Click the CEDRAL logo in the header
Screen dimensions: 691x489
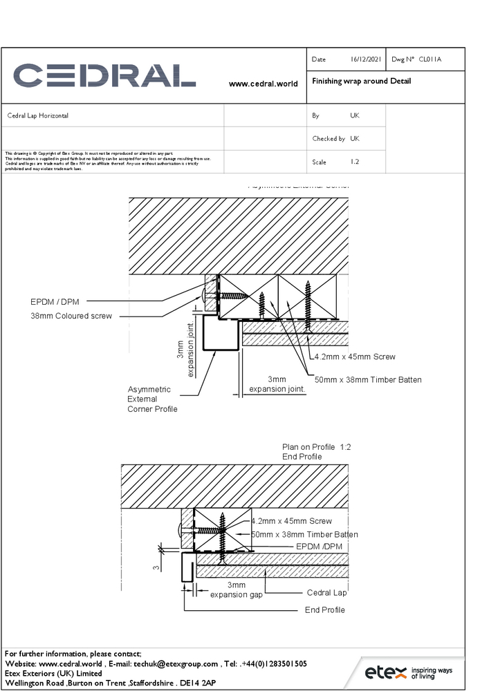point(104,75)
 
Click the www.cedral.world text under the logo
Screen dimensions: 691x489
point(263,84)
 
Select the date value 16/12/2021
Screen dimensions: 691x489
point(366,60)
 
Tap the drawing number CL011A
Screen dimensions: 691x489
point(430,60)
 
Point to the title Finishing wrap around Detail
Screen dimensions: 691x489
point(361,82)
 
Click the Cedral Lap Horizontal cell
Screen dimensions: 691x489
point(38,116)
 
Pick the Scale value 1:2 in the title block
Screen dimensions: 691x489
point(355,162)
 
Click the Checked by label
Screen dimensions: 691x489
point(329,139)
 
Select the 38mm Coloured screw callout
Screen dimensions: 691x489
point(71,316)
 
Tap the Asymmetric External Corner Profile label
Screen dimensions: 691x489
point(152,399)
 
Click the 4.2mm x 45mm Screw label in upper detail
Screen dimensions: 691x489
point(355,357)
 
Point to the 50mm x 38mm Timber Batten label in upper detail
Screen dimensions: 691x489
point(368,380)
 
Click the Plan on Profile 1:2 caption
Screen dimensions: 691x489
point(316,448)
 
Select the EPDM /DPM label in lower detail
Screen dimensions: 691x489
point(319,547)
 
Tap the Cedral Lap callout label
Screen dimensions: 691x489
point(326,593)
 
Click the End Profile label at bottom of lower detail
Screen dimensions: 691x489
point(324,610)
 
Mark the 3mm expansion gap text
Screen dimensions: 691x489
point(237,590)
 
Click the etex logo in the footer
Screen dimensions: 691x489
point(408,672)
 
